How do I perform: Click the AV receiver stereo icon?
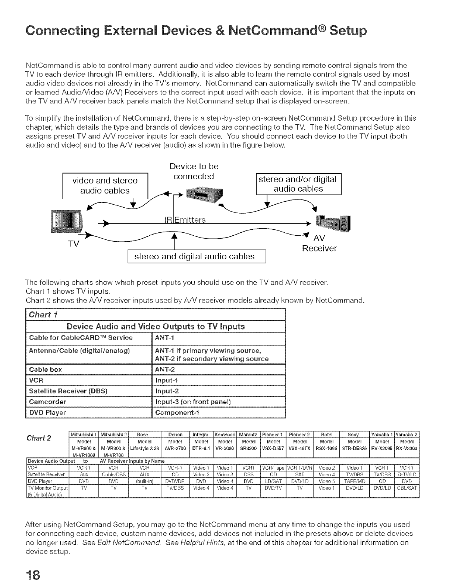[x=333, y=225]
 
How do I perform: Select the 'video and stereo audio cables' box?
[x=105, y=186]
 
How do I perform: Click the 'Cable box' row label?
[x=45, y=369]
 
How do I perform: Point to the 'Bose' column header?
[x=142, y=434]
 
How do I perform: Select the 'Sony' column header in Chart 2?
[x=353, y=434]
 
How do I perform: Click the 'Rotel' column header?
[x=327, y=434]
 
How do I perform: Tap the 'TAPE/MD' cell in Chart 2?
[x=353, y=481]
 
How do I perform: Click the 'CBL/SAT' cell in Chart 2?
[x=407, y=488]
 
